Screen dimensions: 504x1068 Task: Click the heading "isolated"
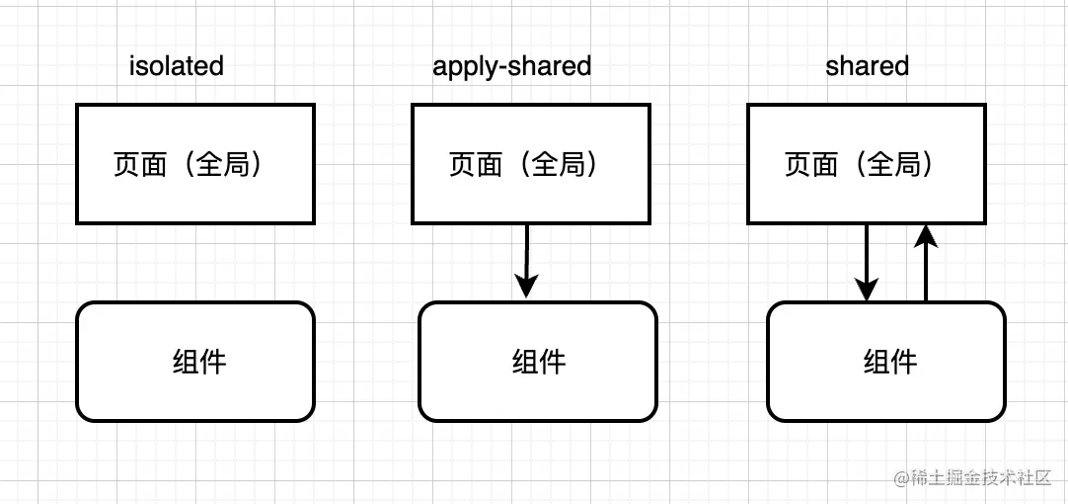point(177,66)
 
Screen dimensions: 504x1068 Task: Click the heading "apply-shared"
point(511,66)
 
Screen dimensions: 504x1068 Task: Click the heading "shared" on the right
point(867,66)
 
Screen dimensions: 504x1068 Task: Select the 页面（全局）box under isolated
point(194,164)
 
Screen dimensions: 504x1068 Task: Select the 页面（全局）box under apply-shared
point(530,164)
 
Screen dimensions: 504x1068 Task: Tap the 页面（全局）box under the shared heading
point(866,164)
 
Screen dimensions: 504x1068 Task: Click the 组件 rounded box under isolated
point(194,362)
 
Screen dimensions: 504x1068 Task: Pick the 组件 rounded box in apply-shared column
point(537,362)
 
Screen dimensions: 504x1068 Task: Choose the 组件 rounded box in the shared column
point(885,362)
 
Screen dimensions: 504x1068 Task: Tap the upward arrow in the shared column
point(925,263)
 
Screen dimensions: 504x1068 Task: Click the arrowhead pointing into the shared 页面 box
point(925,235)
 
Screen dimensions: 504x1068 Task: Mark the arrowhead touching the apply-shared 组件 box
point(527,287)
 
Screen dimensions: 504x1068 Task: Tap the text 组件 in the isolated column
point(199,362)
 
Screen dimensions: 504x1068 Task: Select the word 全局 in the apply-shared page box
point(559,164)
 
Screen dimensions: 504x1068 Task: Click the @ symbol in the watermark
point(901,478)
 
